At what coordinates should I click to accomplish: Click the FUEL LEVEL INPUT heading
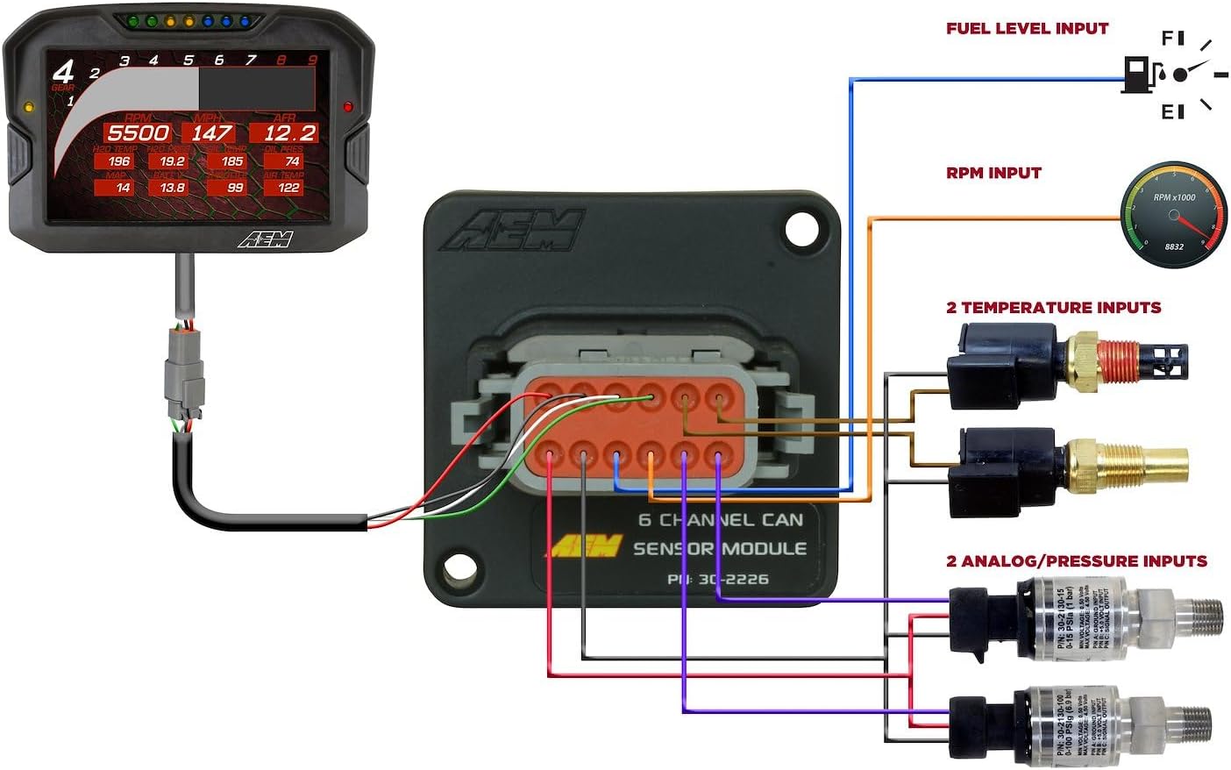click(x=1027, y=28)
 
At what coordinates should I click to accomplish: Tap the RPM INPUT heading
click(x=993, y=173)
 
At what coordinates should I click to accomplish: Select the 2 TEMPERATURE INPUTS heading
click(x=1053, y=307)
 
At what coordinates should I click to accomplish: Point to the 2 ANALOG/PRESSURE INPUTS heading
click(x=1076, y=560)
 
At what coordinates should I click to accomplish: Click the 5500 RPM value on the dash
click(x=138, y=133)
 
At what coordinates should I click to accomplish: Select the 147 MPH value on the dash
click(x=211, y=133)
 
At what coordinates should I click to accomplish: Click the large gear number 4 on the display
click(x=63, y=72)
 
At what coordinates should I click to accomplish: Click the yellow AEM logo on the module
click(x=586, y=546)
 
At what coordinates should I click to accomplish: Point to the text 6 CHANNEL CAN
click(x=720, y=519)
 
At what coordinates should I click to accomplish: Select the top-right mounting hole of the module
click(x=801, y=229)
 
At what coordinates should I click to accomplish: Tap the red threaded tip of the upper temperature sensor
click(x=1119, y=360)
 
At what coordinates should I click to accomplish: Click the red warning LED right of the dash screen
click(x=348, y=107)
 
